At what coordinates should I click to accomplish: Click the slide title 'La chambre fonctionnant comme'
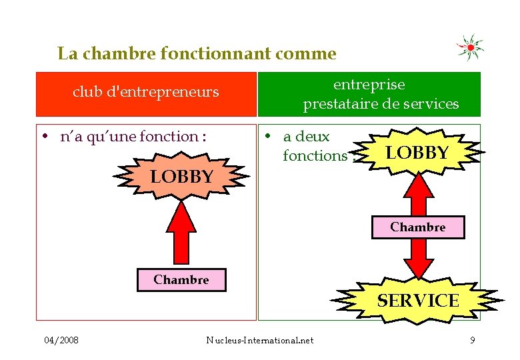pyautogui.click(x=197, y=53)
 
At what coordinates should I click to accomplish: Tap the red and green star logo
pyautogui.click(x=470, y=47)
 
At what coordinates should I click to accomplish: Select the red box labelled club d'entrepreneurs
pyautogui.click(x=146, y=94)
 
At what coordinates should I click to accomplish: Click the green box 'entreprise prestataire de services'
pyautogui.click(x=369, y=94)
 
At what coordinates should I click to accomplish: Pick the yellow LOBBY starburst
pyautogui.click(x=417, y=153)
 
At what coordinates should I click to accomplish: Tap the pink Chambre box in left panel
pyautogui.click(x=181, y=280)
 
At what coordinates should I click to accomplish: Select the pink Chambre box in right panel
pyautogui.click(x=418, y=227)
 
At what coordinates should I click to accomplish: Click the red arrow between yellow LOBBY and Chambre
pyautogui.click(x=418, y=195)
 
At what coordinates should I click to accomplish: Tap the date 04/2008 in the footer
pyautogui.click(x=61, y=341)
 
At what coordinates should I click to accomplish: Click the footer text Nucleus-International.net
pyautogui.click(x=260, y=341)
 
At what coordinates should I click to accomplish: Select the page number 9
pyautogui.click(x=472, y=341)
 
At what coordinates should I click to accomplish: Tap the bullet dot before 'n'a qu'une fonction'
pyautogui.click(x=43, y=137)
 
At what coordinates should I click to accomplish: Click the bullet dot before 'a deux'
pyautogui.click(x=265, y=137)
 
